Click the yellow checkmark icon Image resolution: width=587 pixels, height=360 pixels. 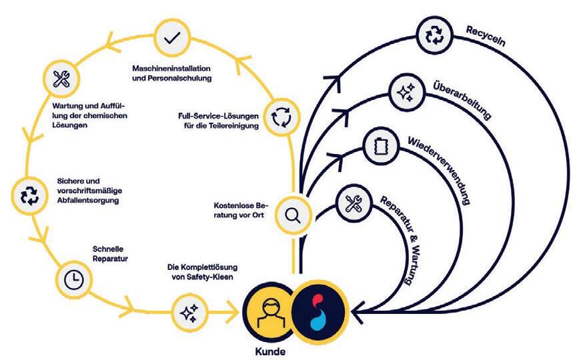point(172,39)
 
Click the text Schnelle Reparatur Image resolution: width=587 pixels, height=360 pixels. point(110,254)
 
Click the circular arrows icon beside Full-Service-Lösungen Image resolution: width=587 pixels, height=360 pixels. point(280,117)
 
